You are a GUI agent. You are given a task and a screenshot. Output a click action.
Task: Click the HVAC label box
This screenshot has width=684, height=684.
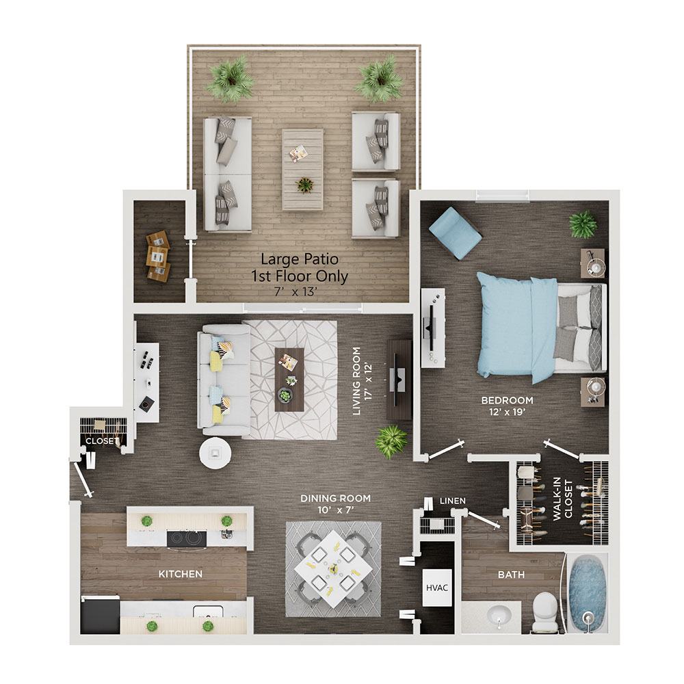436,588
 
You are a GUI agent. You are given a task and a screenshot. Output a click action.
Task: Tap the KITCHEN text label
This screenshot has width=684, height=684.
181,574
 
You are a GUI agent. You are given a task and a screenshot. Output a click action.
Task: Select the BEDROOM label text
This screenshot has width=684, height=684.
507,400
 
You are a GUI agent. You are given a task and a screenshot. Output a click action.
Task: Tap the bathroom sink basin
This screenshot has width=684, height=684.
499,615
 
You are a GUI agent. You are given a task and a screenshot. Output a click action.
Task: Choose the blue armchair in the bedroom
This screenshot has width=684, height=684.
456,233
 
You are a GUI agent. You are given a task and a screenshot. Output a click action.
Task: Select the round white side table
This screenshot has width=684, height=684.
215,453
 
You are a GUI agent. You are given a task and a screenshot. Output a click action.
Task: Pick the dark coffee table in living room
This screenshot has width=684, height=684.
289,379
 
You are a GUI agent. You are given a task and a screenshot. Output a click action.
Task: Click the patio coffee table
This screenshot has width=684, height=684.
303,169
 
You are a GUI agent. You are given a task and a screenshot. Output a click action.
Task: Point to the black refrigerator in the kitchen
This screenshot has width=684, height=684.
101,616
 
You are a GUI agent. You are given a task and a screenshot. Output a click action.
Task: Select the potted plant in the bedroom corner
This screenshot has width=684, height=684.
583,224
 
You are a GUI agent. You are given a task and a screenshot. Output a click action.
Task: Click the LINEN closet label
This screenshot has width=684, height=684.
452,501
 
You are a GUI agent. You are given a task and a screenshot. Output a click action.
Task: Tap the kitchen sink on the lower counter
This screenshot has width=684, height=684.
209,611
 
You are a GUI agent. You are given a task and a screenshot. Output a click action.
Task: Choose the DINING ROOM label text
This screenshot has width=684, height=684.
335,498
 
